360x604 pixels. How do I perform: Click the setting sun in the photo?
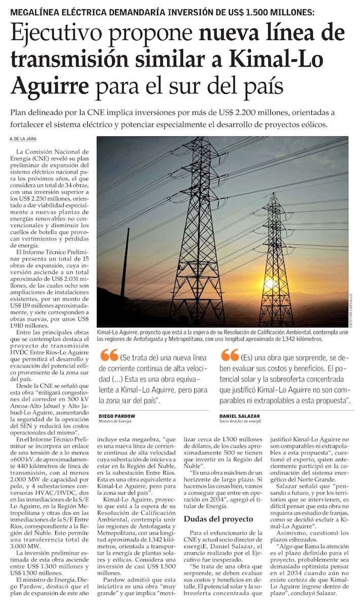(x=269, y=283)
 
